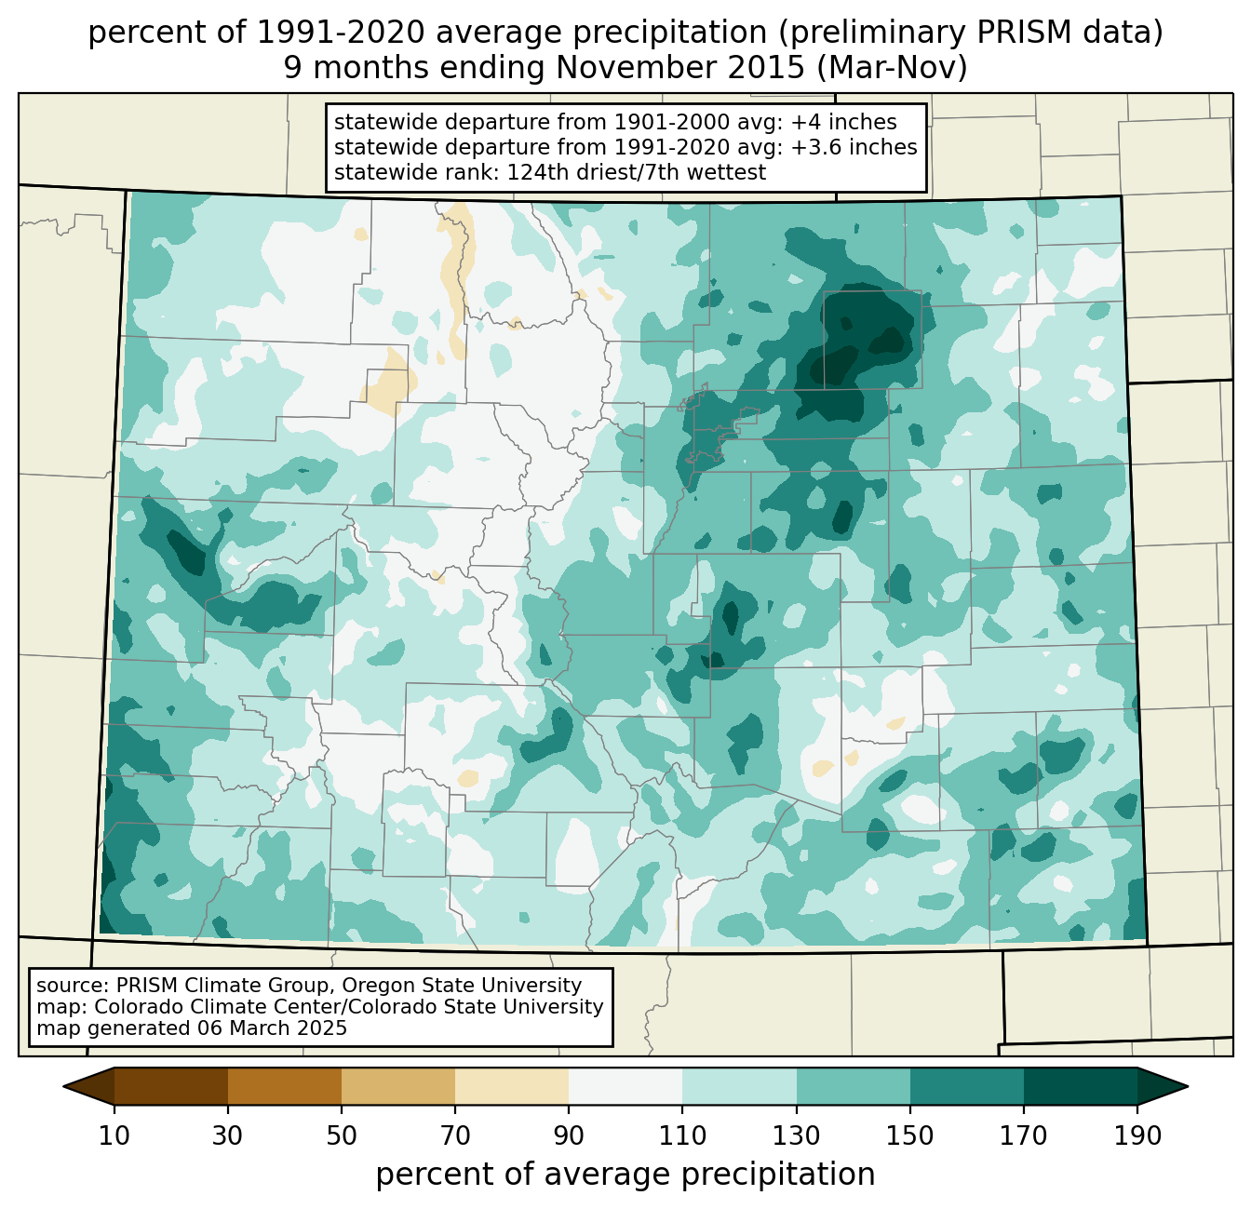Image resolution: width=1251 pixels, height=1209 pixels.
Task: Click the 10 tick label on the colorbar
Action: (x=114, y=1135)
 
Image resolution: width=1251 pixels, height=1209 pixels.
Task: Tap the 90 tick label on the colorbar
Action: (x=569, y=1135)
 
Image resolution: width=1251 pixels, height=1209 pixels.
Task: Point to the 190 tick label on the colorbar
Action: (x=1137, y=1135)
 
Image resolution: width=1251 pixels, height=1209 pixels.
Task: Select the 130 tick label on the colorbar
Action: (x=796, y=1135)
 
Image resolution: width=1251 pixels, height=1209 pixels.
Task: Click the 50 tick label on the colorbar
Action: (x=342, y=1135)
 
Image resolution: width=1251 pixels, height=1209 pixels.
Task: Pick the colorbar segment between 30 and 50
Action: (x=285, y=1086)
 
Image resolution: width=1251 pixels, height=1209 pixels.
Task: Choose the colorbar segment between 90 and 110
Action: (x=625, y=1086)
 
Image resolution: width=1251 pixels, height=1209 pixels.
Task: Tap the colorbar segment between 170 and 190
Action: (x=1081, y=1086)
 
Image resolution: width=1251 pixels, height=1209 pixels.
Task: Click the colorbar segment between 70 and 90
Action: (x=512, y=1086)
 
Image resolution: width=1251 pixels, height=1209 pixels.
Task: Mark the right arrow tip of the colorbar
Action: (x=1187, y=1086)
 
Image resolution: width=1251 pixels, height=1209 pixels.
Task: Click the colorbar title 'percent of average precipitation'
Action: (x=625, y=1175)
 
